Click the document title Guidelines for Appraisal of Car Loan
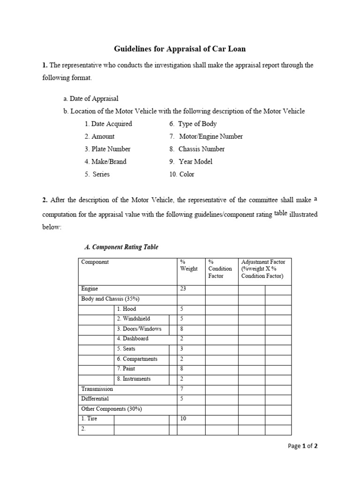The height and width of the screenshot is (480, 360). coord(180,49)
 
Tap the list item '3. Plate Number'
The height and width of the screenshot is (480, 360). coord(107,149)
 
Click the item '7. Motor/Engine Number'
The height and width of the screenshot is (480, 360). coord(206,136)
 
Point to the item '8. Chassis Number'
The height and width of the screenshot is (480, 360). coord(197,149)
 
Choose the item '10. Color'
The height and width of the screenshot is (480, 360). coord(182,174)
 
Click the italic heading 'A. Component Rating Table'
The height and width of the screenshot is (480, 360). coord(121,247)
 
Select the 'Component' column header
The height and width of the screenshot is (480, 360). coord(95,262)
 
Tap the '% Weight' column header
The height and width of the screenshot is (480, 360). coord(188,265)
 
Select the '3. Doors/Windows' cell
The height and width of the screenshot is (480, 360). coord(139,329)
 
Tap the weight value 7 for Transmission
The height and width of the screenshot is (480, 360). coord(181,389)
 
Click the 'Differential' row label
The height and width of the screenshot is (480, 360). coord(95,399)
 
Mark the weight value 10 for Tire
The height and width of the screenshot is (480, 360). coord(183,419)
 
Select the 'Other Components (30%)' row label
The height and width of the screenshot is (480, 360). coord(112,409)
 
